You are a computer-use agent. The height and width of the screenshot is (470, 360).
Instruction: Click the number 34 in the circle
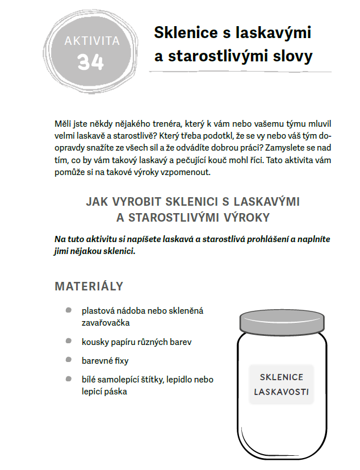click(x=90, y=60)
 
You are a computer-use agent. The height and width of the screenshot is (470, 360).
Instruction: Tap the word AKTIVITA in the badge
click(x=91, y=40)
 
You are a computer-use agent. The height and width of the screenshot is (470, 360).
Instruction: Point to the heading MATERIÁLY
click(x=89, y=286)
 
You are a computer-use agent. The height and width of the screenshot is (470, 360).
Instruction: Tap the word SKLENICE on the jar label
click(x=282, y=377)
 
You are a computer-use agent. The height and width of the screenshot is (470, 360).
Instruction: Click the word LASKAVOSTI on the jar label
click(x=282, y=392)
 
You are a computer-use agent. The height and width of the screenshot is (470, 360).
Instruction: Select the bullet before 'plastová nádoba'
click(x=68, y=310)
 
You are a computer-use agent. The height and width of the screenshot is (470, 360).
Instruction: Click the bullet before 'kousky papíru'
click(x=68, y=341)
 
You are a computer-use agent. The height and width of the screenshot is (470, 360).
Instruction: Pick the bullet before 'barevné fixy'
click(x=68, y=360)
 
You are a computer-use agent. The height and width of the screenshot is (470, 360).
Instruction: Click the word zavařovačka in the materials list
click(x=106, y=322)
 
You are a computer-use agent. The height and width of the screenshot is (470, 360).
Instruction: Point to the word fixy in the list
click(x=120, y=360)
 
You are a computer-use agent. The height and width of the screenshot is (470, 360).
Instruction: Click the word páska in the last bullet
click(x=116, y=392)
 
